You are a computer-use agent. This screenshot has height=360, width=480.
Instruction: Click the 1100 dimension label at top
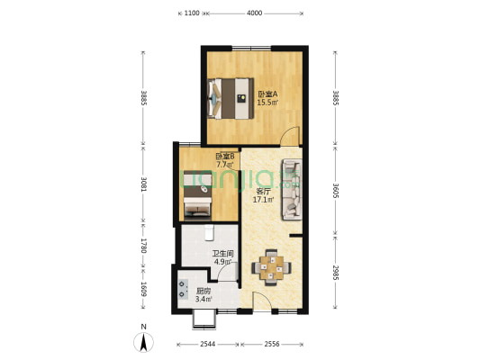(x=192, y=13)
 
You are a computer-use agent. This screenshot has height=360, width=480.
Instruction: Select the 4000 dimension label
(x=254, y=13)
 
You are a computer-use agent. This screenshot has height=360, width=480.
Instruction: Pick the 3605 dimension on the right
(x=336, y=191)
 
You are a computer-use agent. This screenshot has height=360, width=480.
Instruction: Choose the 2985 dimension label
(x=336, y=273)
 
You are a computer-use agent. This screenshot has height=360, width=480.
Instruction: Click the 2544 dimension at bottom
(x=208, y=344)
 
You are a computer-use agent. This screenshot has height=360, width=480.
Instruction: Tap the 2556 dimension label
(x=272, y=344)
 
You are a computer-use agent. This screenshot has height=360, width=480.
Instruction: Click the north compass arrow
(x=143, y=342)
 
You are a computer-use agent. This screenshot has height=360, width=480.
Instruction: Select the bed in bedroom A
(x=231, y=98)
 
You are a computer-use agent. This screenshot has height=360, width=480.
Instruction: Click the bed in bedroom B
(x=197, y=195)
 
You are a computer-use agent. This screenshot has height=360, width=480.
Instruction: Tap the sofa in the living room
(x=292, y=189)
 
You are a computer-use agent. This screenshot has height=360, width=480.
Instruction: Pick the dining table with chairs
(x=271, y=267)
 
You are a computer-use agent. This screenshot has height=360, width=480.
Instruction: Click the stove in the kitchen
(x=183, y=289)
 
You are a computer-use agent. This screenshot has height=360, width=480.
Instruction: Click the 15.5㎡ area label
(x=267, y=103)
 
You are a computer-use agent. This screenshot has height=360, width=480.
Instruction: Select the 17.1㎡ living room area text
(x=263, y=200)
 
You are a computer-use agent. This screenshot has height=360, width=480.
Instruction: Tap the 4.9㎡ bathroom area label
(x=222, y=262)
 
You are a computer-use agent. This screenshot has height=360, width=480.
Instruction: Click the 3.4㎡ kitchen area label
(x=204, y=299)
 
